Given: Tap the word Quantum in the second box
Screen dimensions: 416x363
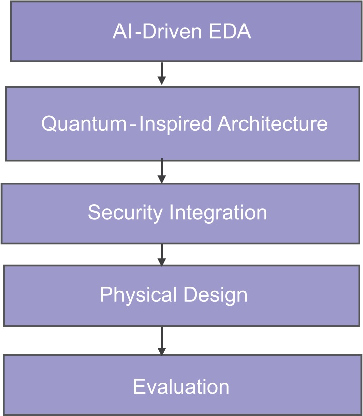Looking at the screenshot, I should pos(83,123).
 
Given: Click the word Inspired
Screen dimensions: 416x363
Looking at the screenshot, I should pos(175,123).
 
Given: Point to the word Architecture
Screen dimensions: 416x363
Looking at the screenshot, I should pos(273,123).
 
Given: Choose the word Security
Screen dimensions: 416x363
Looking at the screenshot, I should pos(125,213).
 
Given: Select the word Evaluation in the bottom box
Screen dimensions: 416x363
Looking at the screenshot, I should pos(181,387).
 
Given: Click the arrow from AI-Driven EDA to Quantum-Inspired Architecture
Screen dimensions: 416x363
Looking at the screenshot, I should pos(161,74).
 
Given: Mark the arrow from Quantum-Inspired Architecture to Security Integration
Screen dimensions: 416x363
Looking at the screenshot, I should pos(161,171).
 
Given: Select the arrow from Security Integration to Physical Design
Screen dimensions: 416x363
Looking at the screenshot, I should pos(161,254).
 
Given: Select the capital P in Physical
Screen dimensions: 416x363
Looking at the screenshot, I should pos(105,295).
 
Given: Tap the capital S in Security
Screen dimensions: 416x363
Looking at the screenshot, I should pos(94,213).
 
